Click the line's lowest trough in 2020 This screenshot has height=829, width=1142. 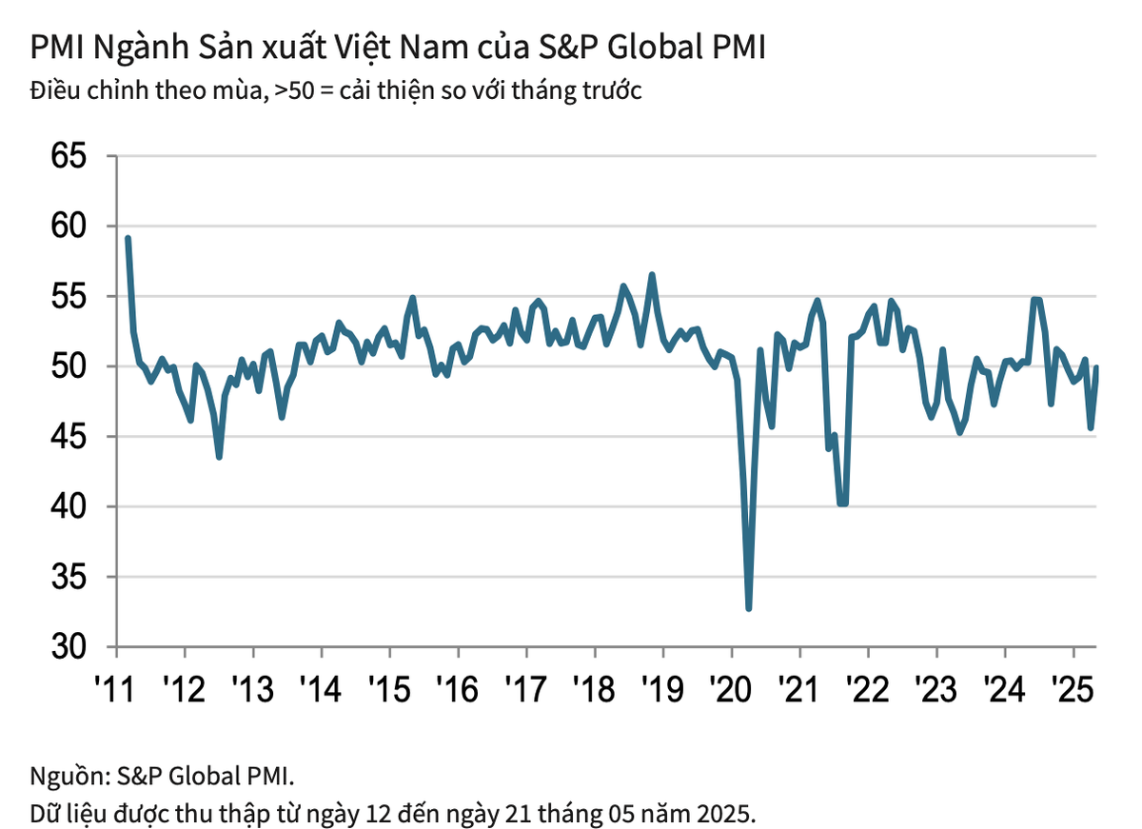pyautogui.click(x=749, y=608)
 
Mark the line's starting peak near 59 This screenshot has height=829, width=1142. pyautogui.click(x=128, y=238)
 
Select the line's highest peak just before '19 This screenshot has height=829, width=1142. pyautogui.click(x=652, y=275)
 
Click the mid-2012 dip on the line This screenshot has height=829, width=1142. pyautogui.click(x=220, y=457)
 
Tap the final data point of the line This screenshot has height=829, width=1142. pyautogui.click(x=1096, y=367)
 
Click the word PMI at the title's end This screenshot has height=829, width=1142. pyautogui.click(x=737, y=48)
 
